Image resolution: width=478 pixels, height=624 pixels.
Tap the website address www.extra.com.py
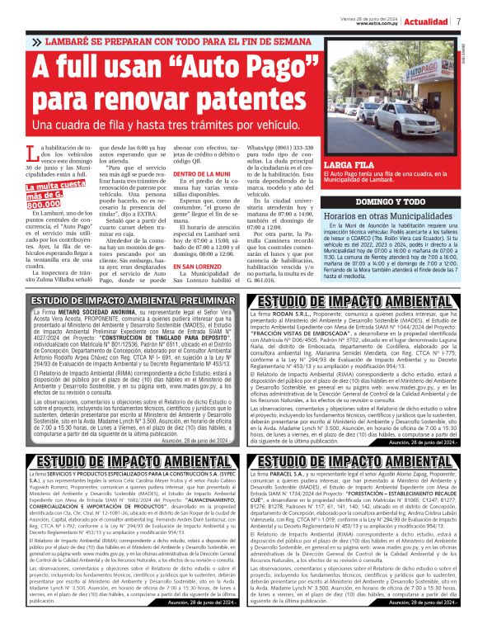(x=379, y=24)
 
